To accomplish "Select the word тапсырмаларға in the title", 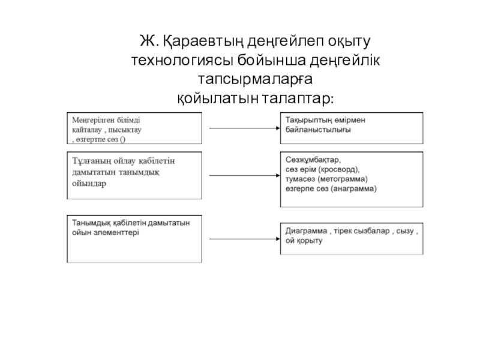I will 256,79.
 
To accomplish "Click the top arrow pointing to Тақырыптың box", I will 243,128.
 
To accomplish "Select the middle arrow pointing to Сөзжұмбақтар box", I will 243,176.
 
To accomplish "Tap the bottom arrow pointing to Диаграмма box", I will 243,238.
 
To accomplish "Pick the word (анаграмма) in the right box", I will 355,188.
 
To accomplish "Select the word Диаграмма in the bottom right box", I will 306,231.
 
